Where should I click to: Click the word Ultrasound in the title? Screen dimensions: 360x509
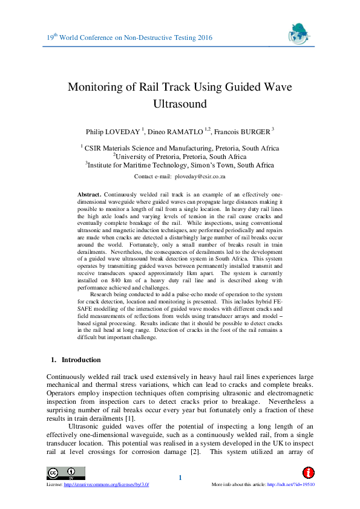pos(180,103)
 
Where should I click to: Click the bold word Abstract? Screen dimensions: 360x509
pos(90,195)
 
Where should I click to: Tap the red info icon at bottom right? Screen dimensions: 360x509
pos(309,472)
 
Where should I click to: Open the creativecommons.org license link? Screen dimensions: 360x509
pos(108,485)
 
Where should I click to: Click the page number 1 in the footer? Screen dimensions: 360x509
pos(180,479)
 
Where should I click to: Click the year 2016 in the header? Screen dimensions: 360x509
pos(205,38)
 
